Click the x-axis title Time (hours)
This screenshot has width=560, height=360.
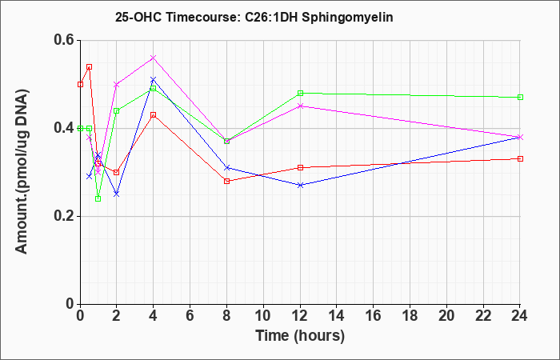coord(300,336)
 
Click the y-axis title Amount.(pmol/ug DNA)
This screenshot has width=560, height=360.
coord(22,172)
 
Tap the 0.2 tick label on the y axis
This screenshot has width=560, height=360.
coord(64,216)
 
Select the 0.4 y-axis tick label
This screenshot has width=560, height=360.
coord(64,128)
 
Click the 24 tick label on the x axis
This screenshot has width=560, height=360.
coord(520,315)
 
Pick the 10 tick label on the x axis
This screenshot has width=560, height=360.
coord(263,315)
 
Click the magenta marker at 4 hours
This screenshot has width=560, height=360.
coord(154,58)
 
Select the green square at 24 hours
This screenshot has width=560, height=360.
coord(520,97)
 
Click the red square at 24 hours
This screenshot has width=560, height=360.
coord(520,158)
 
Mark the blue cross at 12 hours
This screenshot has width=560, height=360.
coord(300,185)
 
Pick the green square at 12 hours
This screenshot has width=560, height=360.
coord(300,93)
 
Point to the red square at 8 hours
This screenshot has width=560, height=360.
coord(226,181)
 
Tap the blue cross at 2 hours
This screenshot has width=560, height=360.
coord(117,194)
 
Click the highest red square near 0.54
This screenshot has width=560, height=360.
coord(90,66)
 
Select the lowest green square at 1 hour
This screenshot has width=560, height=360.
coord(98,198)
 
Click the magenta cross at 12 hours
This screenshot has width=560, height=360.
coord(300,106)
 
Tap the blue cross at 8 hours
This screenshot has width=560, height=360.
coord(226,167)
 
